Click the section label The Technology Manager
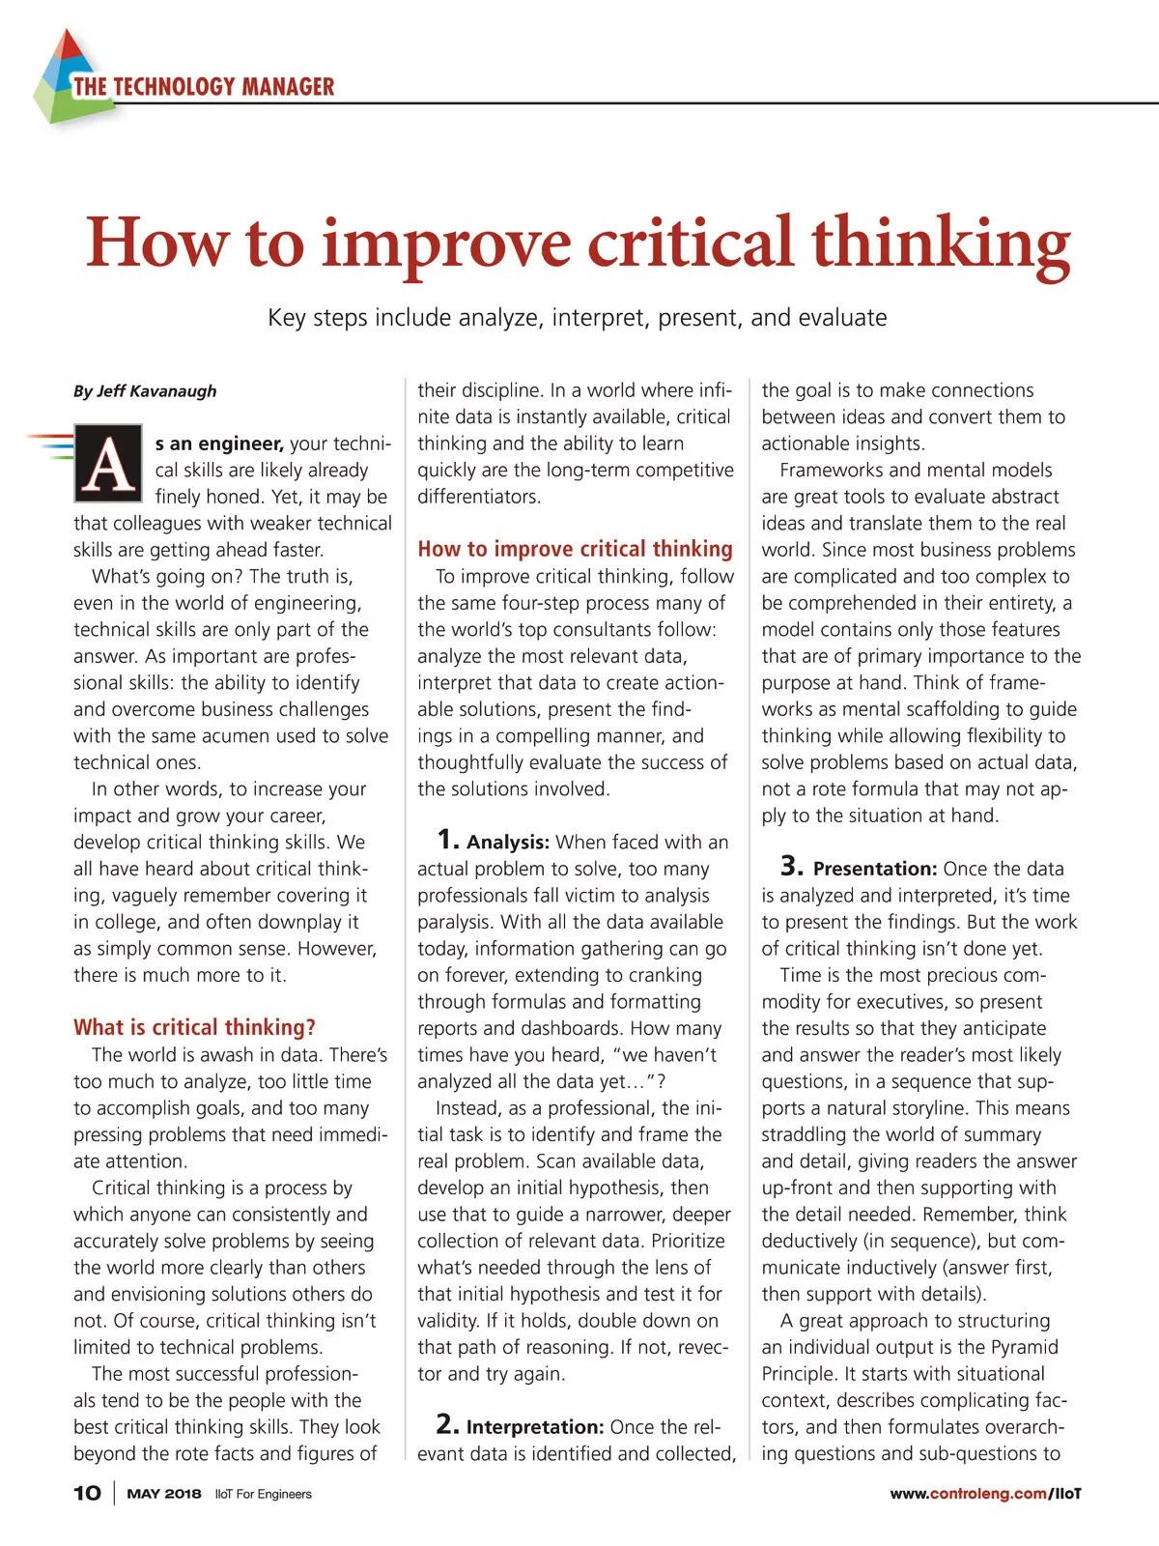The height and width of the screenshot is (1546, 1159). (204, 87)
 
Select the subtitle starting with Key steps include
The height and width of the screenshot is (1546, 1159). (578, 318)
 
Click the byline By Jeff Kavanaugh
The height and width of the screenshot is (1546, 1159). (145, 391)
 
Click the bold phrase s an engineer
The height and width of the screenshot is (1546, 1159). (219, 444)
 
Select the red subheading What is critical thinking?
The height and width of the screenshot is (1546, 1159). (194, 1027)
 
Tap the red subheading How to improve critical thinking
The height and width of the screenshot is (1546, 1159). (575, 549)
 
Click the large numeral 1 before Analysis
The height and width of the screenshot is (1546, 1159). (447, 839)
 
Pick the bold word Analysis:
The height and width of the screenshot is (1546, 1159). (508, 843)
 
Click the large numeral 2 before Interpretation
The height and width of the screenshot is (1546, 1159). (447, 1423)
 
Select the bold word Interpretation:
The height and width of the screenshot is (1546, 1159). (535, 1427)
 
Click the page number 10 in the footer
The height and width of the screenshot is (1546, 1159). (87, 1493)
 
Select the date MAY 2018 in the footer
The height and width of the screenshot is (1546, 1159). (164, 1494)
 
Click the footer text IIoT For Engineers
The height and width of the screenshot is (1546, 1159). (264, 1494)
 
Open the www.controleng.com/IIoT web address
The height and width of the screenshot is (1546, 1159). (985, 1494)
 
